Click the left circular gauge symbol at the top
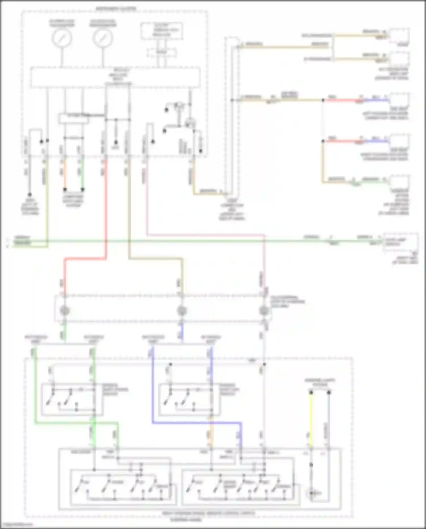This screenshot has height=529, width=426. [x=62, y=38]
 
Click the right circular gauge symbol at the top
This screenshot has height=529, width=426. [x=103, y=38]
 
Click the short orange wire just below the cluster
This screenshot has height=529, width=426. [x=65, y=173]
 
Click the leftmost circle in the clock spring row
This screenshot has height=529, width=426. [x=64, y=310]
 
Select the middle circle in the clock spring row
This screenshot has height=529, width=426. [x=182, y=310]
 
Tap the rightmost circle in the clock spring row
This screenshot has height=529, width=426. [x=264, y=310]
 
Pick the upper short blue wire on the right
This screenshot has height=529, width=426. [x=376, y=100]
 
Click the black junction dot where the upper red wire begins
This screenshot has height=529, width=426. [x=323, y=100]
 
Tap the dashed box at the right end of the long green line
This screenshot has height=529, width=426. [x=400, y=242]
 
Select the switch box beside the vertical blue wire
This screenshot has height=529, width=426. [x=189, y=399]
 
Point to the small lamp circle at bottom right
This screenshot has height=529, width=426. [x=312, y=493]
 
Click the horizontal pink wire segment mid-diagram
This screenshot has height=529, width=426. [x=204, y=235]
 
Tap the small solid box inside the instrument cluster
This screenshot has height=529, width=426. [x=73, y=119]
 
